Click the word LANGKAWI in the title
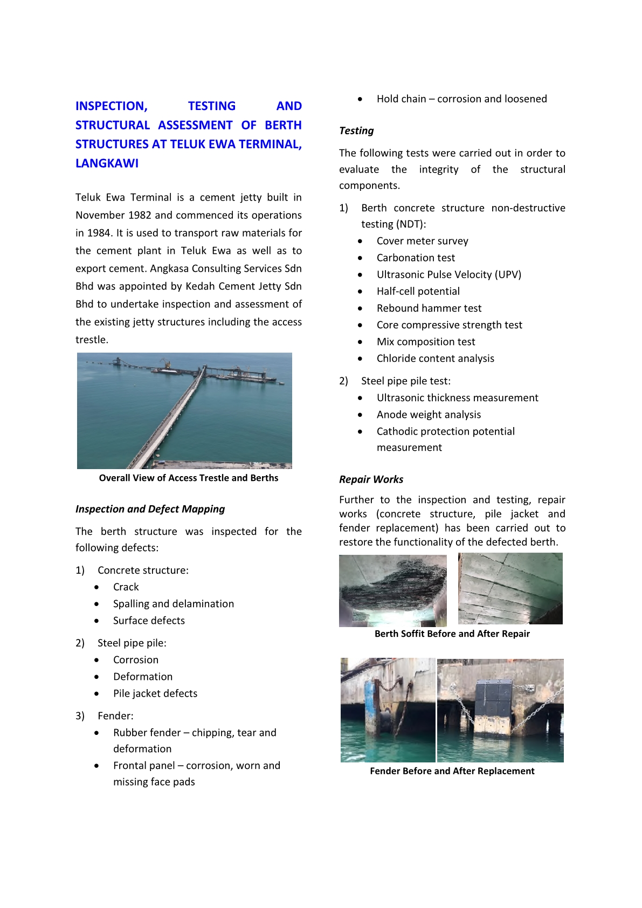[107, 163]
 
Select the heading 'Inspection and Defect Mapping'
[150, 509]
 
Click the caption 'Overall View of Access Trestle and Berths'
[189, 478]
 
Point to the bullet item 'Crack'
[126, 587]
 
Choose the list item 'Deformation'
[143, 677]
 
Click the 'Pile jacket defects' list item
[155, 693]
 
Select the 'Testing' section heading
[356, 130]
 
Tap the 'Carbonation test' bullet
[416, 258]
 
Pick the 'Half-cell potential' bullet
[418, 291]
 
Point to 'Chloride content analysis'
[436, 359]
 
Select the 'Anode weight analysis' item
[429, 415]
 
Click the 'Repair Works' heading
[371, 479]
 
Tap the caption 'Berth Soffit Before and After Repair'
[452, 634]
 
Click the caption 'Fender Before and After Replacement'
[452, 771]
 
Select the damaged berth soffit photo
[393, 590]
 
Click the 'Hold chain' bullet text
[461, 99]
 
